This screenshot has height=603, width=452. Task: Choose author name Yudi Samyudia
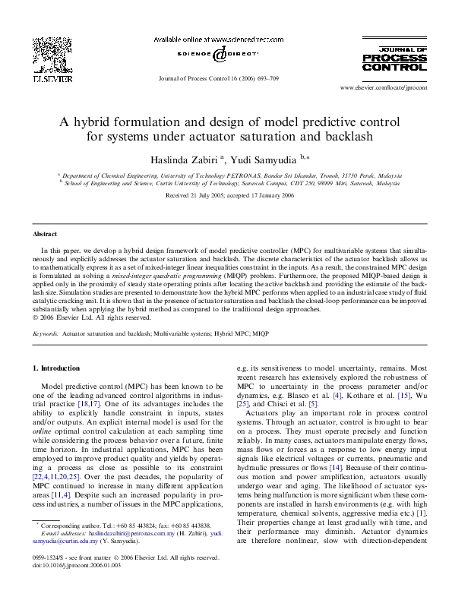267,159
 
